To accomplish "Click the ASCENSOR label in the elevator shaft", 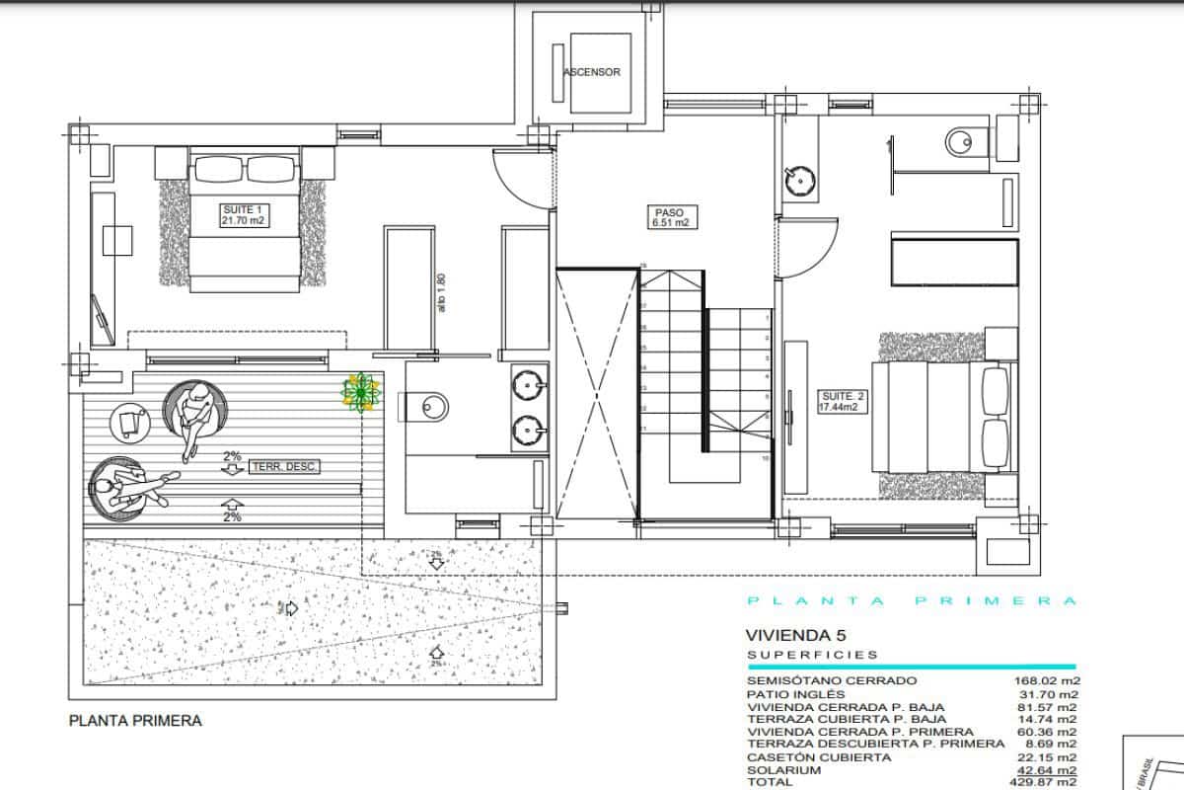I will coord(592,72).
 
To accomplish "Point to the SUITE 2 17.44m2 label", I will coord(843,400).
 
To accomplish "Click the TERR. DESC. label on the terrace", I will coord(285,467).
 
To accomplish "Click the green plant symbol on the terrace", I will coord(362,392).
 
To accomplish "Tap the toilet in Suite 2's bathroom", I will coord(960,143).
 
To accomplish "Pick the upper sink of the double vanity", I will coord(529,384).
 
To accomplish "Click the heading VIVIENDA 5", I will coord(796,636).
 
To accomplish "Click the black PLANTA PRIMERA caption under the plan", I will coord(135,721).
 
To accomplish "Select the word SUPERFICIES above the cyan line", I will coord(812,655).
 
